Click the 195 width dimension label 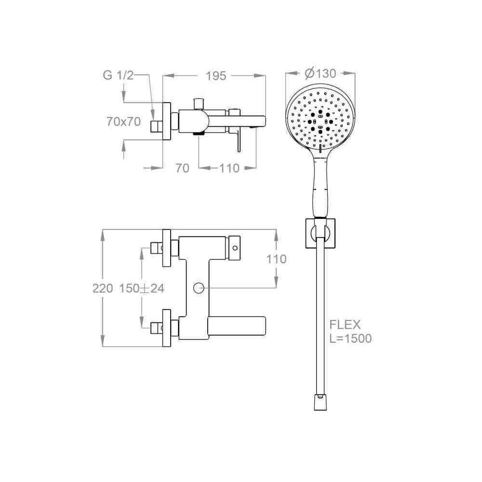pos(216,76)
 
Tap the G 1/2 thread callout pos(119,75)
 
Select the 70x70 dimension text pos(123,122)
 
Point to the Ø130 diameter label pos(320,73)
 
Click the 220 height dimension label pos(103,288)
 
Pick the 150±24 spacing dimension pos(142,288)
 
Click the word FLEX pos(345,324)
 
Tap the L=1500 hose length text pos(350,338)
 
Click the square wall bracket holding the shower pos(321,233)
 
